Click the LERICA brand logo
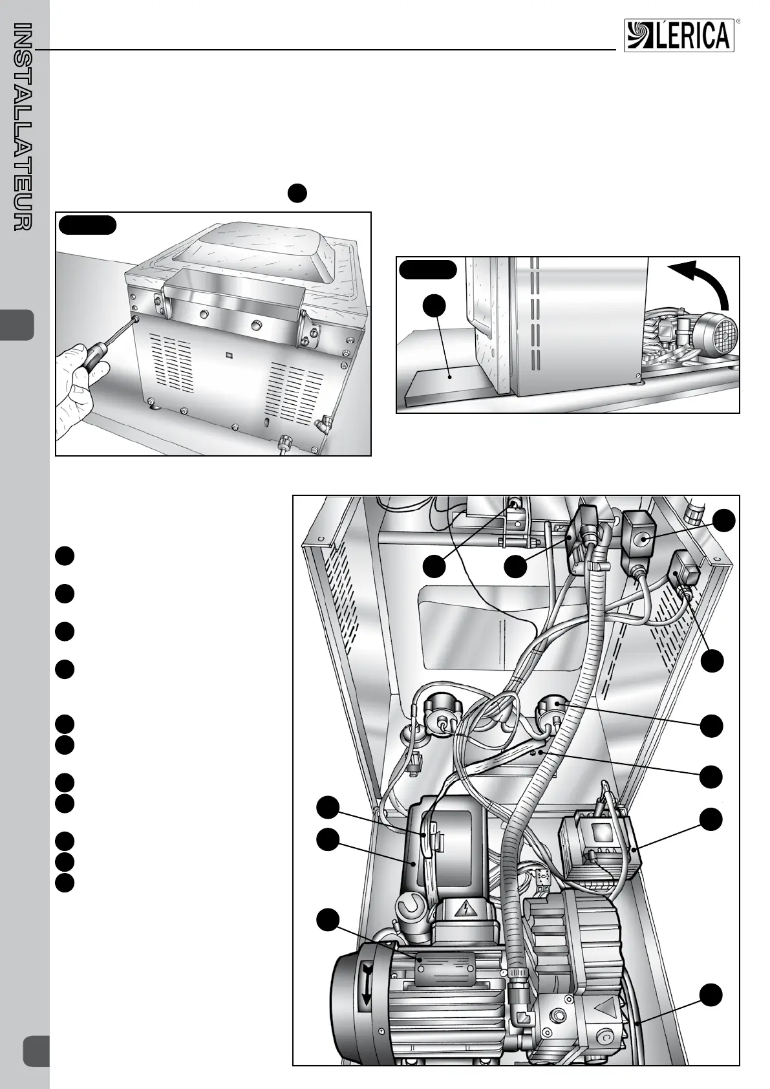point(679,35)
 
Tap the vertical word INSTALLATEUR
point(23,126)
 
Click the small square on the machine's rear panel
point(230,354)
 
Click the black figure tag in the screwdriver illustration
point(87,225)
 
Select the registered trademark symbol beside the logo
point(738,21)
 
